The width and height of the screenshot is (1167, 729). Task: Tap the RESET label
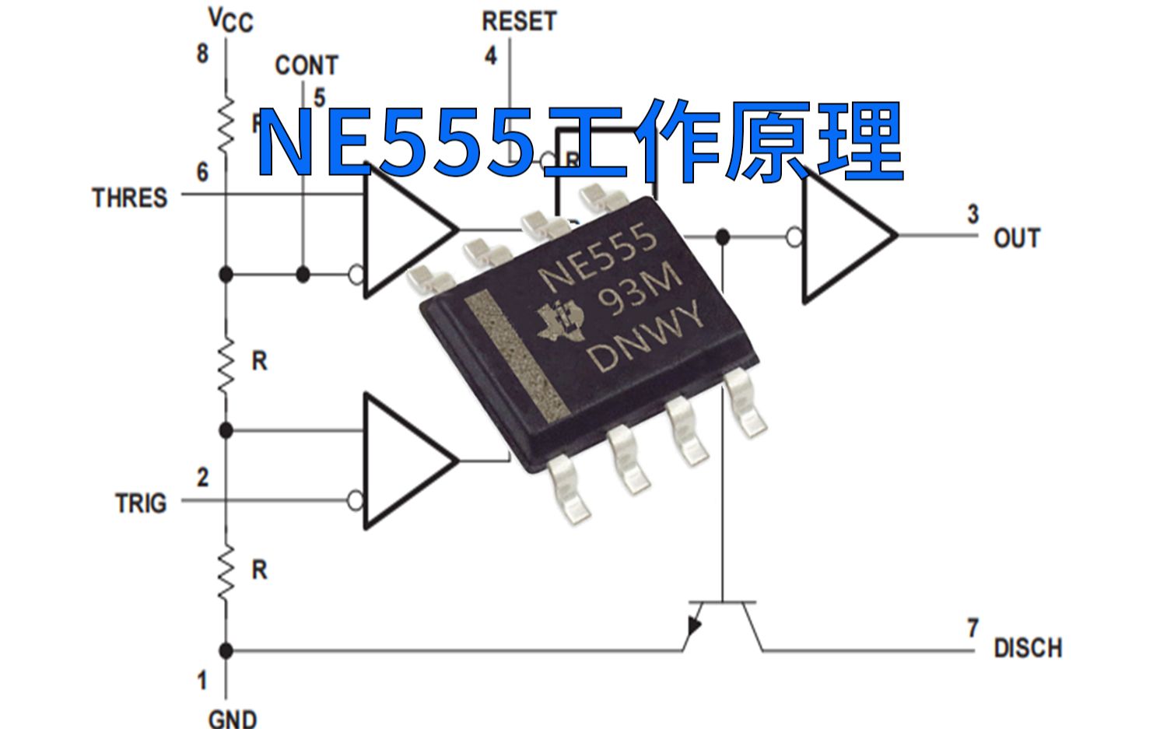tap(519, 21)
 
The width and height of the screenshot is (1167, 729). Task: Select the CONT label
tap(307, 65)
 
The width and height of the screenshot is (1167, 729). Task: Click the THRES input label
tap(130, 198)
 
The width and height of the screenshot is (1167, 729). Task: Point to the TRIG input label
tap(141, 503)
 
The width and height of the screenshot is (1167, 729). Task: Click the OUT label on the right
tap(1016, 238)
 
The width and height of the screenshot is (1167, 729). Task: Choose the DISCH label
tap(1027, 647)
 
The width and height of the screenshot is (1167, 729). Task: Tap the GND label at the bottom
tap(233, 717)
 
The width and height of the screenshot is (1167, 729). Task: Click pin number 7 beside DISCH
tap(972, 627)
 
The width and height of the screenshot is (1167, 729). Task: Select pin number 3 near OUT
tap(972, 214)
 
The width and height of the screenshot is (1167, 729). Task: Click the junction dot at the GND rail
tap(226, 650)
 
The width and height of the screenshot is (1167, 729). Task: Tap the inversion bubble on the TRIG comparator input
tap(356, 500)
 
